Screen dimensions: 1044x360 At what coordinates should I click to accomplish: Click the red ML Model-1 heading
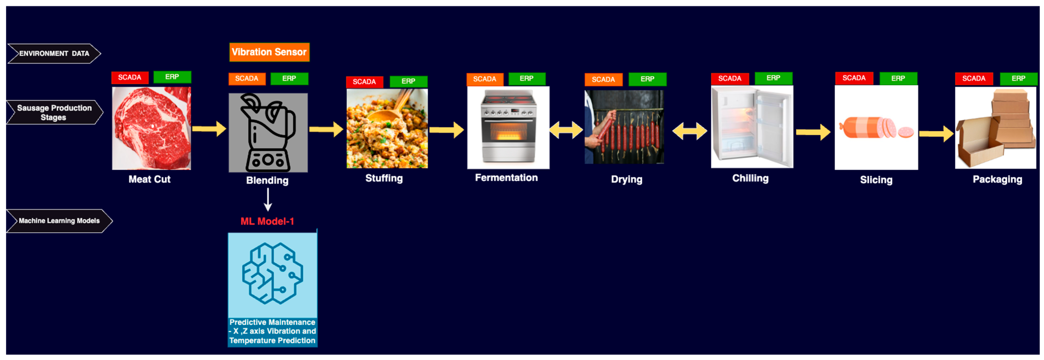(267, 221)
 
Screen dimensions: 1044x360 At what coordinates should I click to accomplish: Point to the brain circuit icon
(272, 273)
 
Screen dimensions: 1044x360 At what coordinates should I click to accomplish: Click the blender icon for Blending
(268, 133)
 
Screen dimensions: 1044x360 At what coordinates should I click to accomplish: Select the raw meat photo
(151, 128)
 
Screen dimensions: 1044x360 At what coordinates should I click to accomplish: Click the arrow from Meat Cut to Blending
(209, 129)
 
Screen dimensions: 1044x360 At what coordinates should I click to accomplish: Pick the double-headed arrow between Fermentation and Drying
(566, 130)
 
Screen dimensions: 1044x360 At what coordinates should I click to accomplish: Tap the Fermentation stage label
(506, 177)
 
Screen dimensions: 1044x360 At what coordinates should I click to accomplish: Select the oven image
(508, 127)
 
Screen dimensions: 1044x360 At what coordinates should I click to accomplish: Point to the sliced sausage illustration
(876, 128)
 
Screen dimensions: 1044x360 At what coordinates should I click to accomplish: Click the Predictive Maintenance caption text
(272, 332)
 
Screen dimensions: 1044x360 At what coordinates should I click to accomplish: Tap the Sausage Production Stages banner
(54, 112)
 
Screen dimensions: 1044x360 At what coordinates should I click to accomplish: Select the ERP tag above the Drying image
(647, 79)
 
